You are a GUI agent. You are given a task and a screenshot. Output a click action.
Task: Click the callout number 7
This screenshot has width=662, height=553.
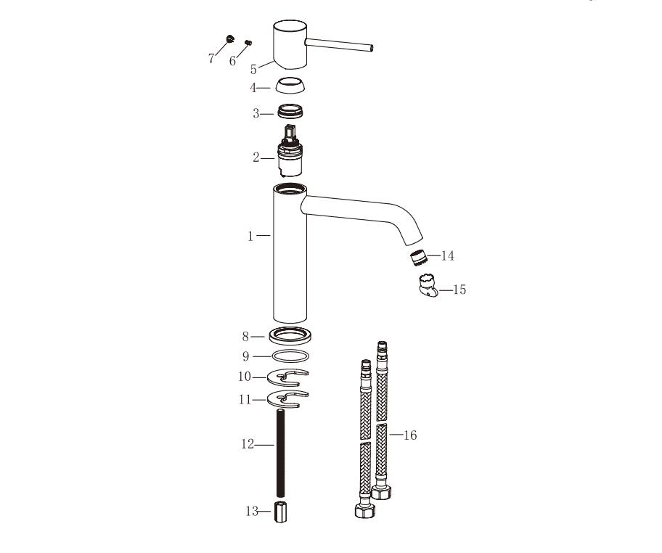tap(211, 58)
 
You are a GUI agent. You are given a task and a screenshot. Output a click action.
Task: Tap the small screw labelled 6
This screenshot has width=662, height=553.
tap(248, 42)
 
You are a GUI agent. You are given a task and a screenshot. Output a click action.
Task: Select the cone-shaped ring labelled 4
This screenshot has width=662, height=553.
tap(290, 86)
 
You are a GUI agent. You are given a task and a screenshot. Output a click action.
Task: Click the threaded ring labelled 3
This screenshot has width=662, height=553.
tap(290, 112)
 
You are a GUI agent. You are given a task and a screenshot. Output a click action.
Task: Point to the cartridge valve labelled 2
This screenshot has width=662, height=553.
tap(290, 152)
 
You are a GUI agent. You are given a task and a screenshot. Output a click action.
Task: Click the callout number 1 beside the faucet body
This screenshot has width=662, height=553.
tap(250, 237)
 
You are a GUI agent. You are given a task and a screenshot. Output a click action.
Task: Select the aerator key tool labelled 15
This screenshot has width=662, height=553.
tap(428, 285)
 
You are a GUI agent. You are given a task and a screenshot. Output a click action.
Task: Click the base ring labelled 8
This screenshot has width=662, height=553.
tap(290, 336)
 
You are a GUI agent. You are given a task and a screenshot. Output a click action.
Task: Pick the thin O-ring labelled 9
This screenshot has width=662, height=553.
tap(290, 356)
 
